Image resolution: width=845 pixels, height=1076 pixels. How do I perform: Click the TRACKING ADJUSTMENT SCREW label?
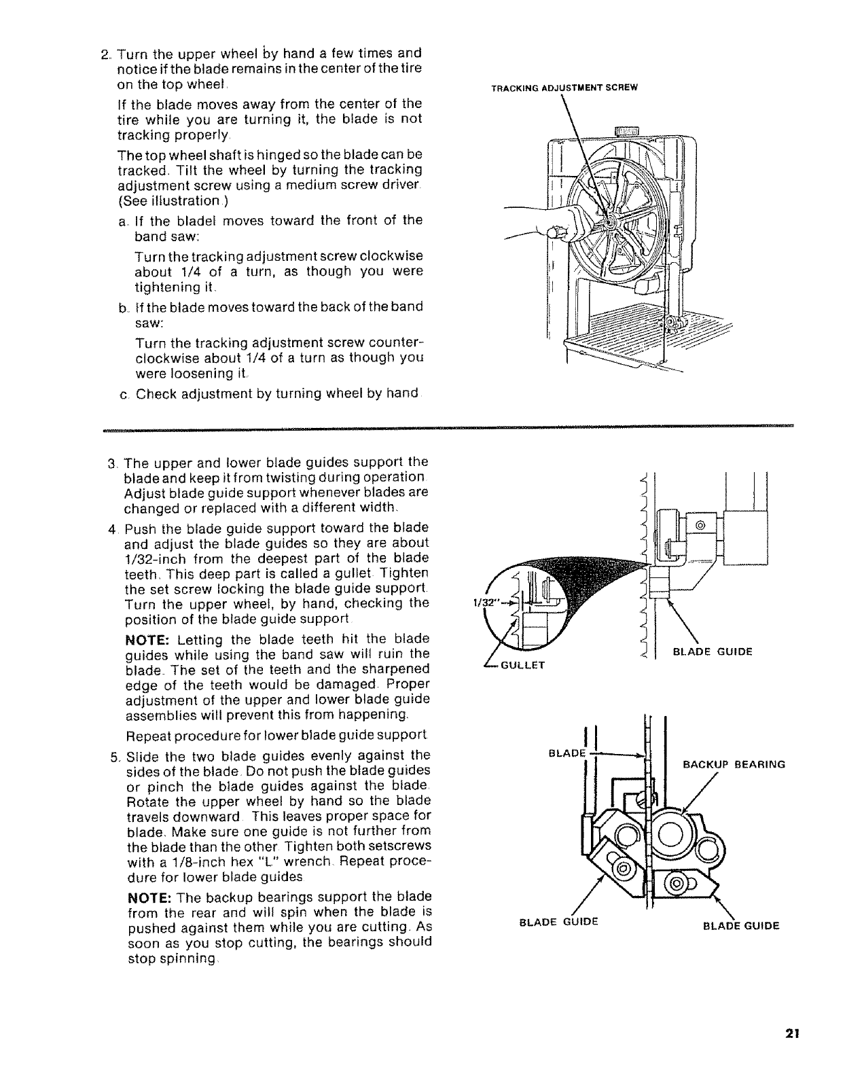(x=567, y=87)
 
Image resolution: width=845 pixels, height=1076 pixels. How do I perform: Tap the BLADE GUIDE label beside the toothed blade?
(x=712, y=652)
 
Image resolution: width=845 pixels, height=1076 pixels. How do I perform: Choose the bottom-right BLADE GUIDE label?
(x=740, y=925)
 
